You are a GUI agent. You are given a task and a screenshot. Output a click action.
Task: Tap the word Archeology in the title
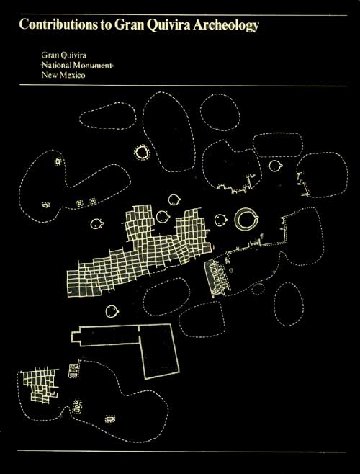(x=226, y=26)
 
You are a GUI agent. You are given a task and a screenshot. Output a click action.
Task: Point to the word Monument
(x=92, y=66)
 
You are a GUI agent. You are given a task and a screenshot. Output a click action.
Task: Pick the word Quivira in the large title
(x=168, y=25)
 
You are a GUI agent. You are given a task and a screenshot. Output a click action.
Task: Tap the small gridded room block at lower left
(x=39, y=385)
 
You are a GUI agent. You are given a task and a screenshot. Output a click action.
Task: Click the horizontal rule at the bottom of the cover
(x=181, y=452)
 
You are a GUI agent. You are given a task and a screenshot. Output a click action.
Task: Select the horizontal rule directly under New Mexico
(x=183, y=86)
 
